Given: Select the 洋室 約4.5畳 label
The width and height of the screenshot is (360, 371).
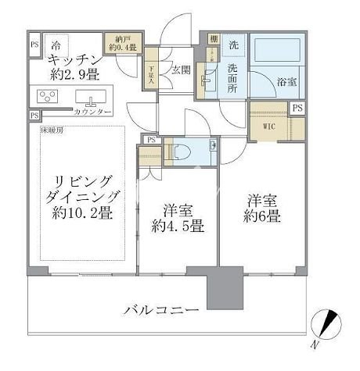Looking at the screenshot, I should click(x=178, y=219).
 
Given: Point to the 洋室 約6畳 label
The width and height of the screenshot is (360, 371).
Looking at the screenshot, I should click(x=261, y=208).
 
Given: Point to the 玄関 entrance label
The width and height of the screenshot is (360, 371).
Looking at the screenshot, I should click(x=182, y=68).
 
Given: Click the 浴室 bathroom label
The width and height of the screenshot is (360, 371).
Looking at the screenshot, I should click(x=286, y=80).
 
